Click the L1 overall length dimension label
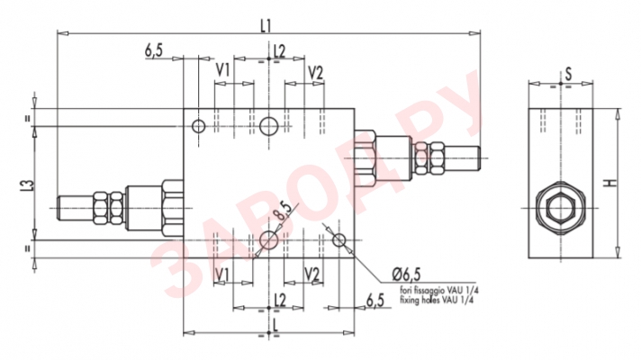tap(266, 24)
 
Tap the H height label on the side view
tap(611, 184)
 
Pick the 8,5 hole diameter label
tap(283, 212)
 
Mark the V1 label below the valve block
tap(221, 274)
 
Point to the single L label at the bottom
tap(272, 322)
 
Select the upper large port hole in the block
tap(268, 127)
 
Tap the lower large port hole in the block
tap(268, 238)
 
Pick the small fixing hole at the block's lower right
tap(339, 240)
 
